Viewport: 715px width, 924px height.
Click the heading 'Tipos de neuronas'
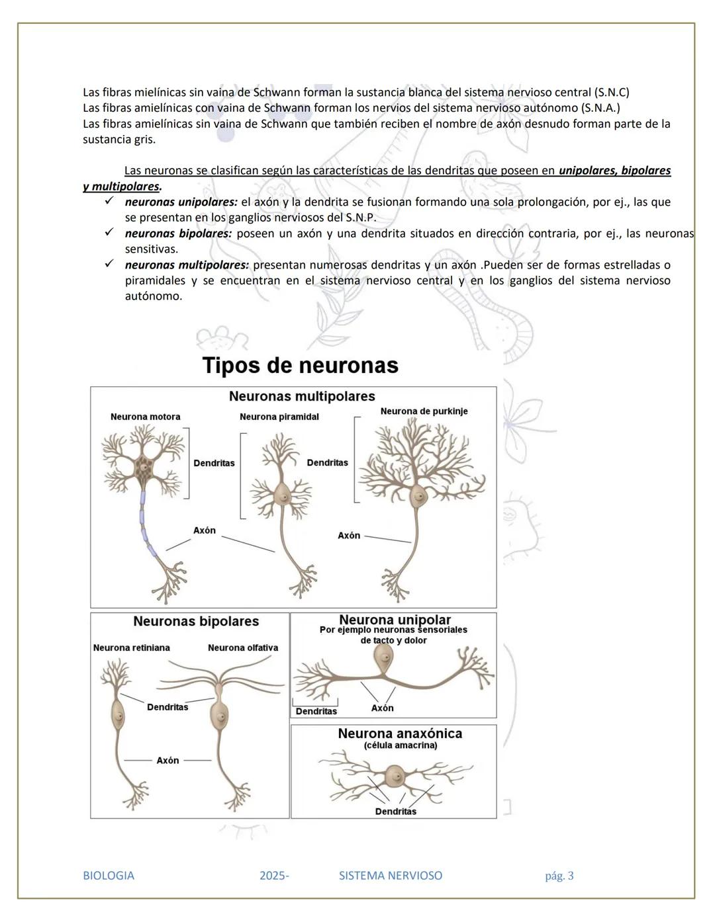pyautogui.click(x=300, y=365)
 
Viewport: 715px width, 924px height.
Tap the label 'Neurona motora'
pyautogui.click(x=145, y=417)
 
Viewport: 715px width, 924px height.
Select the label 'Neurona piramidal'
pyautogui.click(x=279, y=417)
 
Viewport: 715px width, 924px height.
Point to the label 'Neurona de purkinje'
pyautogui.click(x=424, y=411)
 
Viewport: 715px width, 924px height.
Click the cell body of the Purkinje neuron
pyautogui.click(x=418, y=495)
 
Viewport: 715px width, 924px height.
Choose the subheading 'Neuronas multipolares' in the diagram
pyautogui.click(x=302, y=396)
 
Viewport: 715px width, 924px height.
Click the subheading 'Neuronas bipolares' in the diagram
pyautogui.click(x=196, y=621)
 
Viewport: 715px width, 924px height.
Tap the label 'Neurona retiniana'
pyautogui.click(x=131, y=648)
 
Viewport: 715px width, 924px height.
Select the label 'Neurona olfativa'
pyautogui.click(x=243, y=648)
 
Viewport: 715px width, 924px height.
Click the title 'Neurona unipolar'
pyautogui.click(x=395, y=620)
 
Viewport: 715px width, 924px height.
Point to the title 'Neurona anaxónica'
pyautogui.click(x=400, y=733)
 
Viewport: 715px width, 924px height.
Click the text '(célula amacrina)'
pyautogui.click(x=401, y=745)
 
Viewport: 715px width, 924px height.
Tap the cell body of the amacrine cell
pyautogui.click(x=395, y=775)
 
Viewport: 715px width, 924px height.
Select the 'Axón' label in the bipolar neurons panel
pyautogui.click(x=167, y=761)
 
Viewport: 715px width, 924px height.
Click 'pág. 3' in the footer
pyautogui.click(x=559, y=876)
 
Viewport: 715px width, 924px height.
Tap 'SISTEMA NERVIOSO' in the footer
pyautogui.click(x=391, y=876)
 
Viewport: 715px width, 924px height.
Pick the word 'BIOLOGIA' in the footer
pyautogui.click(x=109, y=876)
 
